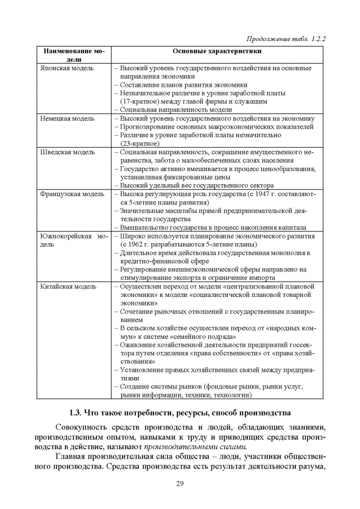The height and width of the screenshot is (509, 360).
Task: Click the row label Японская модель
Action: pyautogui.click(x=67, y=68)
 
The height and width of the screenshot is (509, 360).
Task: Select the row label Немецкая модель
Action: pyautogui.click(x=67, y=118)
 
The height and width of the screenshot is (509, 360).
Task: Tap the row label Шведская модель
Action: pyautogui.click(x=67, y=152)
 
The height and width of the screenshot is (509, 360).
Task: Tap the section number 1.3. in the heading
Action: pyautogui.click(x=76, y=414)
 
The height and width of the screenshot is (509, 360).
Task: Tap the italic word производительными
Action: pyautogui.click(x=188, y=446)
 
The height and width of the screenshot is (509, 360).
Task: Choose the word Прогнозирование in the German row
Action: pyautogui.click(x=148, y=126)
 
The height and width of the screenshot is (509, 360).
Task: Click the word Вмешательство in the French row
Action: pyautogui.click(x=143, y=227)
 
